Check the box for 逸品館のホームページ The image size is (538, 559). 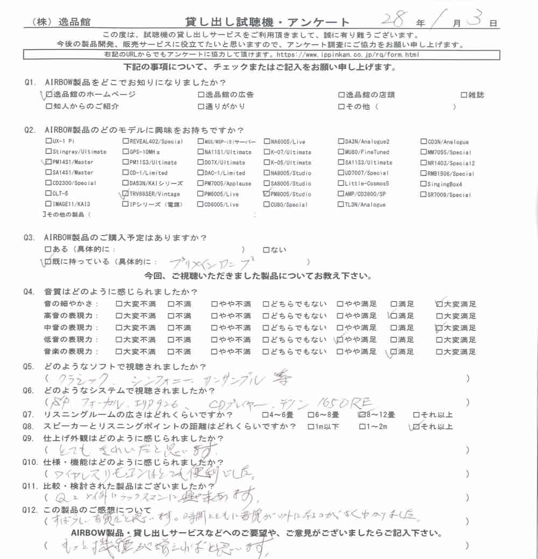point(49,95)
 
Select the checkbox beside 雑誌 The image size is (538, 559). point(464,95)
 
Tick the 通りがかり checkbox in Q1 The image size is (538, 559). point(201,107)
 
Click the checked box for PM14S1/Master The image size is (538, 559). point(49,162)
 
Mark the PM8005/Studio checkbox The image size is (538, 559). point(267,194)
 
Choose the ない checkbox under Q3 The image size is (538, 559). point(266,250)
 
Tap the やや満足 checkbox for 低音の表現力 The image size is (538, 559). point(340,340)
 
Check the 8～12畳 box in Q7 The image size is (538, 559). point(361,415)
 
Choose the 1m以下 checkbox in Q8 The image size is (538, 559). point(310,427)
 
